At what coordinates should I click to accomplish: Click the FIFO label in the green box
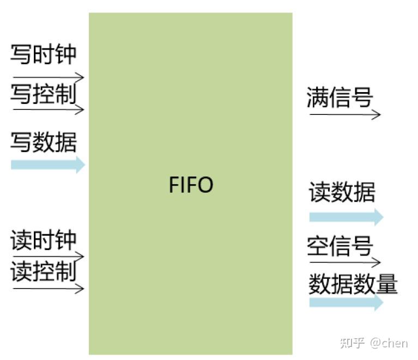point(191,185)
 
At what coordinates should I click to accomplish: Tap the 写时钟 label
point(44,55)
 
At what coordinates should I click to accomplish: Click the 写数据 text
point(44,142)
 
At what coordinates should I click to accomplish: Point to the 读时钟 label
point(44,240)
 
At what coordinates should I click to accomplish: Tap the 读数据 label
point(342,192)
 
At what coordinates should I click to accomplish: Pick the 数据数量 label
point(353,284)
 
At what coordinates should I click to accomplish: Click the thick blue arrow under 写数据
point(48,164)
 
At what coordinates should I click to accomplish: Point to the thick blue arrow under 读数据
point(346,217)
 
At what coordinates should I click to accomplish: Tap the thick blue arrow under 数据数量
point(346,302)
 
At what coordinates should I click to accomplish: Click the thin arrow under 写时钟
point(48,77)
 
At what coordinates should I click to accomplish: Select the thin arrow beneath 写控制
point(48,109)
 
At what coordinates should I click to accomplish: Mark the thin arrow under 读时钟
point(48,255)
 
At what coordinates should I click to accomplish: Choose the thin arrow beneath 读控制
point(48,288)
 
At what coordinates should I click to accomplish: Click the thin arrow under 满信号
point(343,114)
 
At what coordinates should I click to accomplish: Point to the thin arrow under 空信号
point(343,263)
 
